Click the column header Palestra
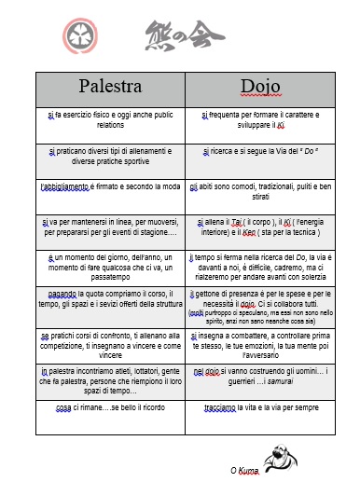point(110,88)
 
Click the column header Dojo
point(254,88)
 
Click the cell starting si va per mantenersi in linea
point(110,228)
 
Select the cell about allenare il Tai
point(254,228)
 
